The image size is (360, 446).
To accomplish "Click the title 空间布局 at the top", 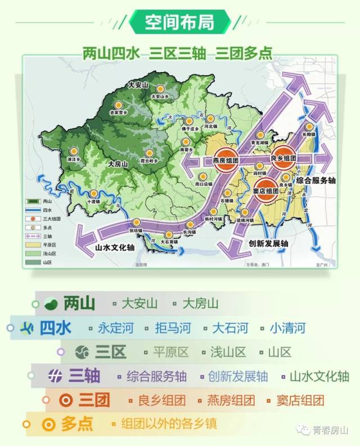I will pyautogui.click(x=179, y=22).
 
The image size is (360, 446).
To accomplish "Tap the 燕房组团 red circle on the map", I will pyautogui.click(x=225, y=159).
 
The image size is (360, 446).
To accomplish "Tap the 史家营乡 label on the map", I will pyautogui.click(x=118, y=112).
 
